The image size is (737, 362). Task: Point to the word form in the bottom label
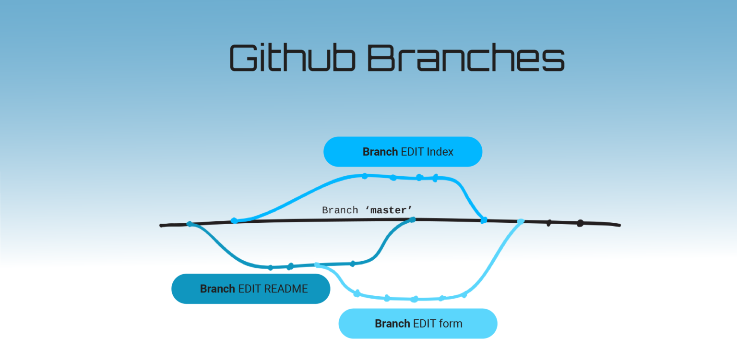point(450,324)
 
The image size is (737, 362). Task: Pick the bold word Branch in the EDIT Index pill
point(380,152)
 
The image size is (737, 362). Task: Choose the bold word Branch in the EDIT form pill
point(392,324)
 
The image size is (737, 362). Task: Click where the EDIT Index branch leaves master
point(234,220)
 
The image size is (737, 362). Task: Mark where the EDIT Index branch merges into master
point(484,220)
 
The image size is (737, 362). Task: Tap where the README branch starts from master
point(190,224)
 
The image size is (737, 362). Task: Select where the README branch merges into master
point(412,219)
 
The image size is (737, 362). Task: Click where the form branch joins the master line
point(521,221)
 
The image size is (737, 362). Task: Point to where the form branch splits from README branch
point(316,265)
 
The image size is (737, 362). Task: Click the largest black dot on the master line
point(580,223)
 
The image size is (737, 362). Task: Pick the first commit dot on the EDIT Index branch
point(365,176)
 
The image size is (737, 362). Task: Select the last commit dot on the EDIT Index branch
point(435,178)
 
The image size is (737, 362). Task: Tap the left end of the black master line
point(162,225)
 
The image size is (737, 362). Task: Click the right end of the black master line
point(619,225)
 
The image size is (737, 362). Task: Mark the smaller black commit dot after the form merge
point(549,223)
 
